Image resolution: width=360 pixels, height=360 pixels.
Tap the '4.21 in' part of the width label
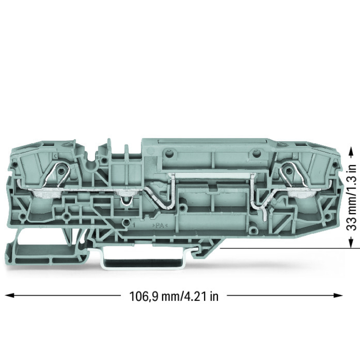pyautogui.click(x=200, y=297)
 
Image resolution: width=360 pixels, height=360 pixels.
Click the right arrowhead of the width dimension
pyautogui.click(x=339, y=295)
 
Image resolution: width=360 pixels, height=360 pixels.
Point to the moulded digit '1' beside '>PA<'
pyautogui.click(x=134, y=225)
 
